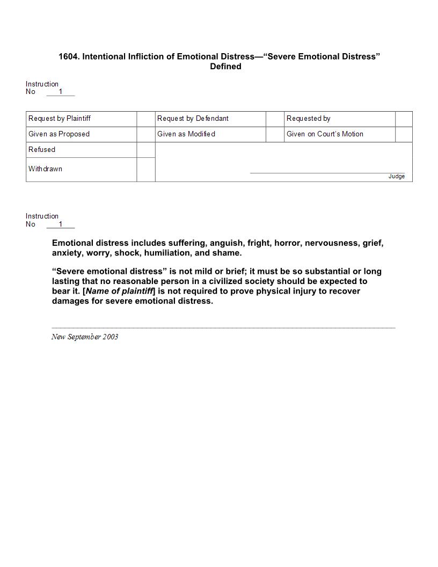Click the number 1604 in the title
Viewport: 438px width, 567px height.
(69, 56)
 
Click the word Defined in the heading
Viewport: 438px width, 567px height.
(225, 67)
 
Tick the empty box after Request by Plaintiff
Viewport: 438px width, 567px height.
(146, 119)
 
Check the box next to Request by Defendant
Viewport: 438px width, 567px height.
(275, 119)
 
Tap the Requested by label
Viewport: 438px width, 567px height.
(309, 119)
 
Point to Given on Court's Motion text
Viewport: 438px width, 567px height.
(325, 134)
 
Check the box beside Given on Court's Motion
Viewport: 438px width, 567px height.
(404, 134)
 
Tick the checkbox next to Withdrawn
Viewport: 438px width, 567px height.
(146, 170)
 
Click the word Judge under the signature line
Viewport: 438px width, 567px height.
(397, 177)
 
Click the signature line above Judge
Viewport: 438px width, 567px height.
(327, 173)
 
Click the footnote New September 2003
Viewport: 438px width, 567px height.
(85, 337)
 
